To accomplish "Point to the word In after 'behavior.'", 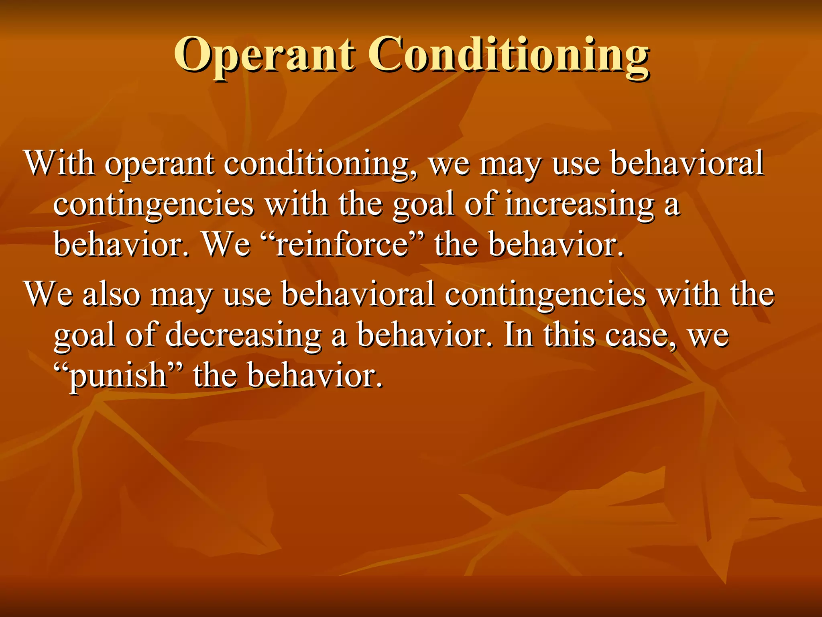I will point(518,335).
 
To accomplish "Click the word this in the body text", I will point(570,335).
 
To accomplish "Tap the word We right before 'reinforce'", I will point(227,245).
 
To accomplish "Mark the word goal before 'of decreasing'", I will point(85,335).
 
